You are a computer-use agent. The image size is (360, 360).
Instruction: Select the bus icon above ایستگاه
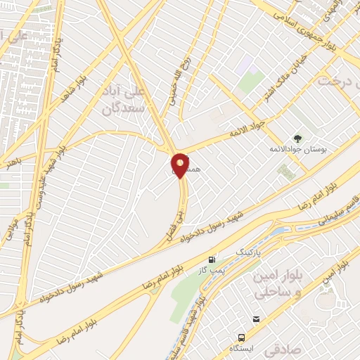click(241, 338)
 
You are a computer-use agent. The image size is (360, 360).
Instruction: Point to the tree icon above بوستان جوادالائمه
click(297, 138)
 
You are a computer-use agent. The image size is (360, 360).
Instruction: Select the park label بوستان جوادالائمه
click(295, 150)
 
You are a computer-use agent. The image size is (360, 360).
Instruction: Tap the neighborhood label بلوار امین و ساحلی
click(274, 283)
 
